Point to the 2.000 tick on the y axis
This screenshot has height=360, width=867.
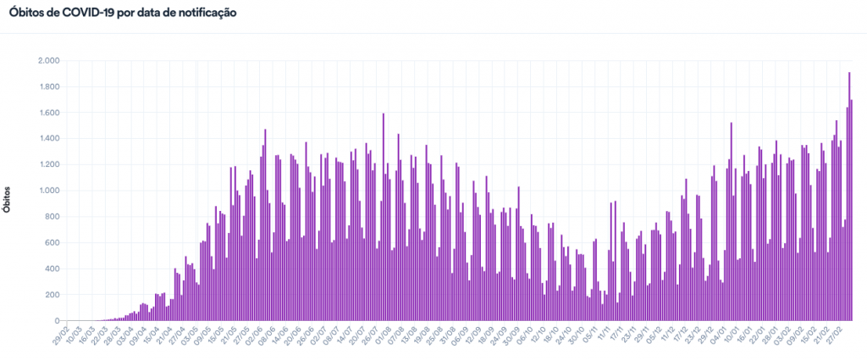coord(47,61)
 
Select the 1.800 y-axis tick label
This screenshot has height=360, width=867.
coord(47,87)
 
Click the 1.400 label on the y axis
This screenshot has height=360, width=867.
coord(47,139)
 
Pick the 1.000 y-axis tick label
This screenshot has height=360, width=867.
coord(47,191)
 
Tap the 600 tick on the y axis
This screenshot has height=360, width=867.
coord(52,243)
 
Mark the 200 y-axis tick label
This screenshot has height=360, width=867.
coord(52,295)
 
